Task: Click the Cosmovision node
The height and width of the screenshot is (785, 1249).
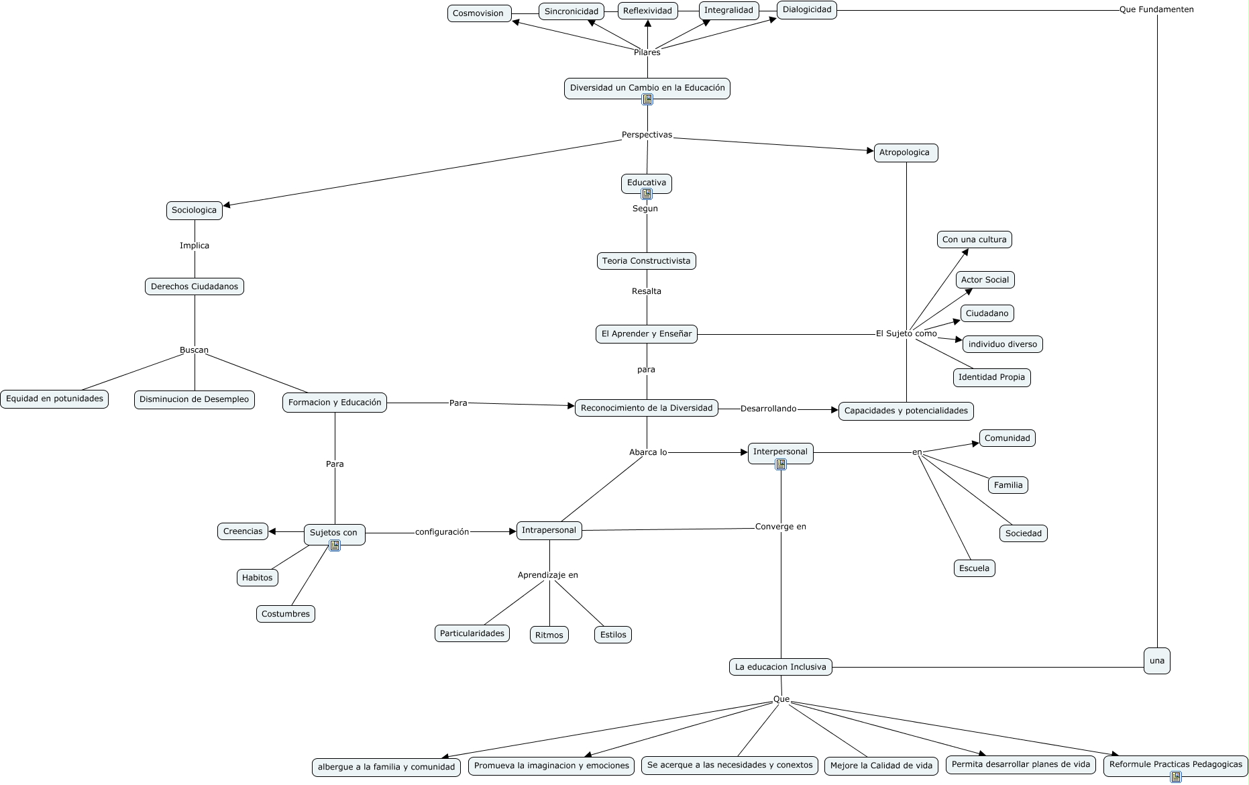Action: coord(479,13)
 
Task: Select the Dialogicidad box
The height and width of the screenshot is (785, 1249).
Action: coord(807,10)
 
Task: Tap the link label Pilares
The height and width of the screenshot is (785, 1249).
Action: coord(647,52)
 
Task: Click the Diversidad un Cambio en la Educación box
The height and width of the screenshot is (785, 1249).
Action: coord(647,88)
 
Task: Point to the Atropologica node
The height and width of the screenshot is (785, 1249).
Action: coord(905,153)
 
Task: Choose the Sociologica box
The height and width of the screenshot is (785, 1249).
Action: coord(194,211)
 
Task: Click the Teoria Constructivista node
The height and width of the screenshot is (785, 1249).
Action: coord(646,261)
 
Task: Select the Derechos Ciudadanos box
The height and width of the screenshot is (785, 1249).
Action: coord(195,287)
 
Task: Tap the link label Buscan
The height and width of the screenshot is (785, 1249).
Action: coord(194,350)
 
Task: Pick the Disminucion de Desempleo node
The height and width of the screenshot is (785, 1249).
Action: coord(194,400)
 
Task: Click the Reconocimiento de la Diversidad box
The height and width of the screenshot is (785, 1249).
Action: coord(647,408)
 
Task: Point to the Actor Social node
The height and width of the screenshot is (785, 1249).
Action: coord(985,280)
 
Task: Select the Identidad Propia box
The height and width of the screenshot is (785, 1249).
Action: coord(991,377)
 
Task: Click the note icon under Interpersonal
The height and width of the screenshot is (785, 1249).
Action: coord(781,464)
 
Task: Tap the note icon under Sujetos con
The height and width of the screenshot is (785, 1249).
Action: coord(335,545)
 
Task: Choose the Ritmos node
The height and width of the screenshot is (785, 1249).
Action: coord(549,635)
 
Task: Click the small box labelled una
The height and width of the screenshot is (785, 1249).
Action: coord(1156,661)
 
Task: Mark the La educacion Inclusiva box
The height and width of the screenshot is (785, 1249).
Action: coord(780,667)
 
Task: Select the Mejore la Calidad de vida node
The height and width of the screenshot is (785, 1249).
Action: coord(881,766)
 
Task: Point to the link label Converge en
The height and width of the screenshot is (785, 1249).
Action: coord(780,527)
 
